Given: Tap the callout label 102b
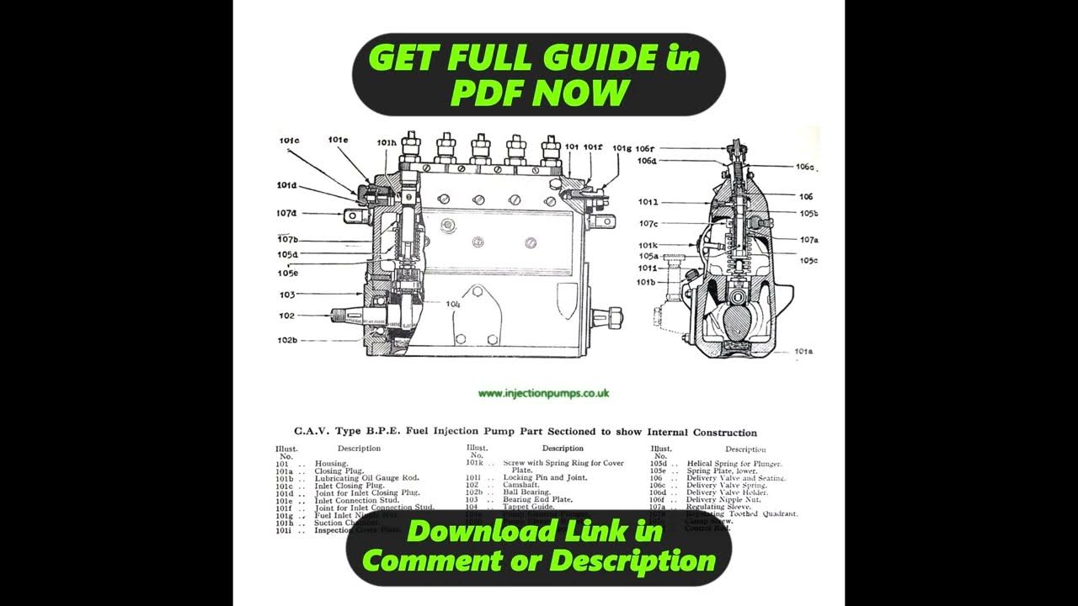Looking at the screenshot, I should tap(287, 340).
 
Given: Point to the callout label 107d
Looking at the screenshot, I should tap(287, 214).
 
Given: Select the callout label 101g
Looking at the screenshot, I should tap(622, 148).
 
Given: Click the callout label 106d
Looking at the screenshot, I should tap(647, 161).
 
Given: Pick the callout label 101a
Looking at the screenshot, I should tap(803, 351).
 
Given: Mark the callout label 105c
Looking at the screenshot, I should tap(808, 261).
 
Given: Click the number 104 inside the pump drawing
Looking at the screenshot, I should tap(453, 304).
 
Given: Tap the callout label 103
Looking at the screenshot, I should tap(287, 295).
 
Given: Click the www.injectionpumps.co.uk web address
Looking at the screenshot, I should tap(543, 393).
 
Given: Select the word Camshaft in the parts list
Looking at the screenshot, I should tap(524, 485).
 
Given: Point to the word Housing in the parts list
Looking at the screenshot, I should tap(331, 464).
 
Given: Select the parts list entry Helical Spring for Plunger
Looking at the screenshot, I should tap(734, 464).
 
